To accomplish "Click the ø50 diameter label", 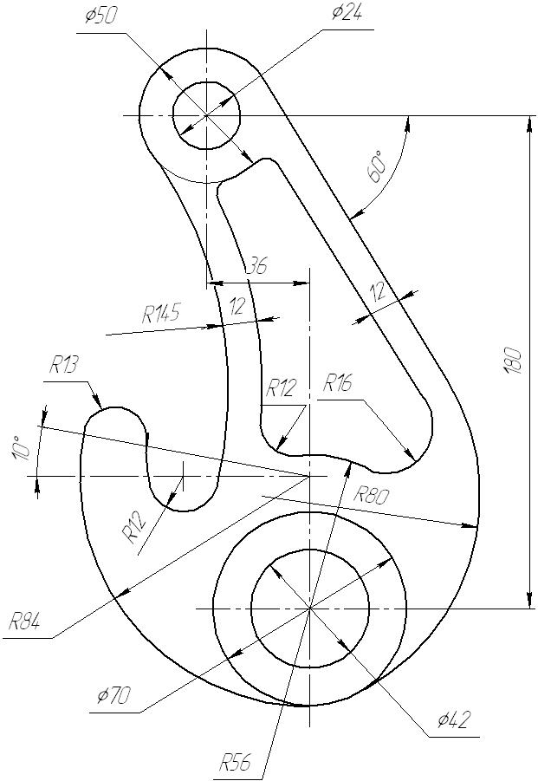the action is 101,16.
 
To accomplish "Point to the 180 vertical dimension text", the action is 513,361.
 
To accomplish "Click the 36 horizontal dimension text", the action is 256,265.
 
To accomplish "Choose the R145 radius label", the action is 161,313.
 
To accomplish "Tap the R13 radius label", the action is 63,366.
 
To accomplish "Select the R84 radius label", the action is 25,622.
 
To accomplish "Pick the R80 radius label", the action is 371,495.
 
